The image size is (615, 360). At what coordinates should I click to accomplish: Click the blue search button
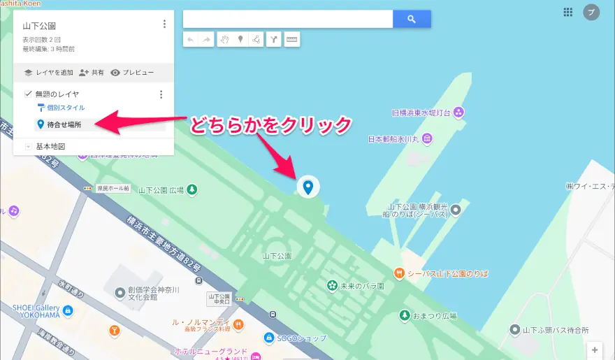(x=412, y=19)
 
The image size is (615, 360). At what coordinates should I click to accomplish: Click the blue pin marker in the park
(x=307, y=186)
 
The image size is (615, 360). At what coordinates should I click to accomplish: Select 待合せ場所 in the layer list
(x=64, y=124)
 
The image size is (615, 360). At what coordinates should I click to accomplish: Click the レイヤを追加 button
(x=48, y=72)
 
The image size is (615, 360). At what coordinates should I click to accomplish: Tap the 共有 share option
(x=92, y=72)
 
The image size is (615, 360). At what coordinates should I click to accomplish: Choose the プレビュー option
(x=132, y=72)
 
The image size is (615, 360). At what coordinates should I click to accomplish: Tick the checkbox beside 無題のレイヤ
(x=28, y=94)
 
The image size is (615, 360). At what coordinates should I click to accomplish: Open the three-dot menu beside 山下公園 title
(x=164, y=24)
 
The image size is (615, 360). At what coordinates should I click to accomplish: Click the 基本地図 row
(x=50, y=147)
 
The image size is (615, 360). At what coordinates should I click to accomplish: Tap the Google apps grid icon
(x=567, y=12)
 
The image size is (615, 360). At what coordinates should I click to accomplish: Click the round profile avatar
(x=591, y=12)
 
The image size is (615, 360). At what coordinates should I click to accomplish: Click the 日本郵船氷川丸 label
(x=393, y=139)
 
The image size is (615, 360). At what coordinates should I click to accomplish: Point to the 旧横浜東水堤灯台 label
(x=420, y=112)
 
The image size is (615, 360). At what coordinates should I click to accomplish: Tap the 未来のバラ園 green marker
(x=333, y=285)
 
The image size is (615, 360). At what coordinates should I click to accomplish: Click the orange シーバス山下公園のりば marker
(x=399, y=273)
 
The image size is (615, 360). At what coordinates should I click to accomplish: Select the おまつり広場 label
(x=433, y=315)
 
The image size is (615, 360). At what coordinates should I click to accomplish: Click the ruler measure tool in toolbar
(x=292, y=40)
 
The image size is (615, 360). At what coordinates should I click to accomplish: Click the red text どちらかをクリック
(x=270, y=125)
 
